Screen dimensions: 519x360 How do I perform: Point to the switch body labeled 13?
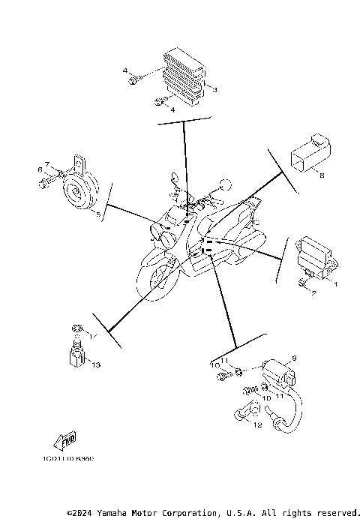[75, 353]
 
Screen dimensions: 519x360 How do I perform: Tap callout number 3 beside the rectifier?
[214, 90]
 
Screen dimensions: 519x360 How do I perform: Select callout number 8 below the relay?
[321, 176]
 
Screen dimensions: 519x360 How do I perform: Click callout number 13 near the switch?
[95, 364]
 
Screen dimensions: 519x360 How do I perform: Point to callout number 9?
[295, 358]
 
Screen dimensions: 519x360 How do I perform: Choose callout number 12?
[257, 425]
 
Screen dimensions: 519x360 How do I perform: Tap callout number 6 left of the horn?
[40, 169]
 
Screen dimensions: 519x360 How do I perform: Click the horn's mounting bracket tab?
[78, 161]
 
